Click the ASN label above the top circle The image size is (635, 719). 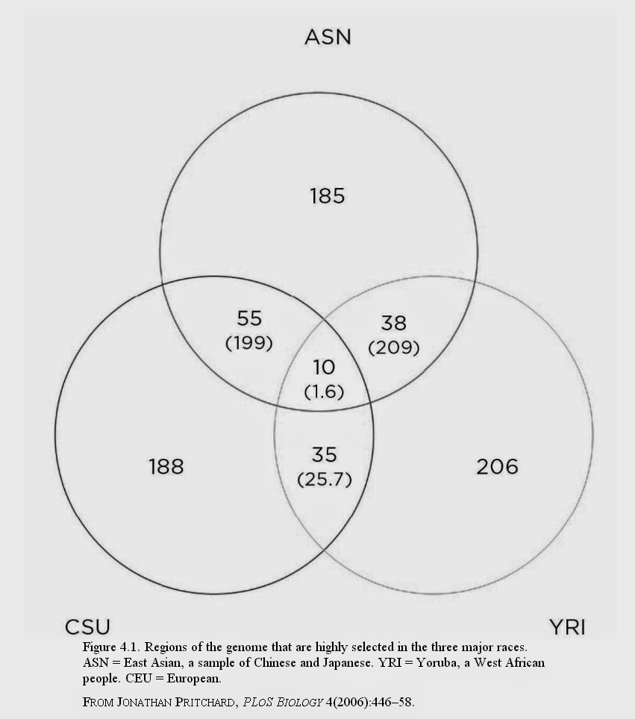[328, 37]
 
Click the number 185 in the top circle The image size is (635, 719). [328, 196]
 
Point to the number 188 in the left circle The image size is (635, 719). [165, 466]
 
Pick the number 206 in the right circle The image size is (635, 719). [497, 466]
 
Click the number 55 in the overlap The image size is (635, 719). [249, 319]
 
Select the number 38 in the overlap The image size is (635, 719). [394, 323]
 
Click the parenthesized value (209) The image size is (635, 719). [394, 347]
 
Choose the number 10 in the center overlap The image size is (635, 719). [324, 368]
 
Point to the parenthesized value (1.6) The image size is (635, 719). [324, 392]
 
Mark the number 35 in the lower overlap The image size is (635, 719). [325, 454]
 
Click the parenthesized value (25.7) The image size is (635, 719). [325, 479]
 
